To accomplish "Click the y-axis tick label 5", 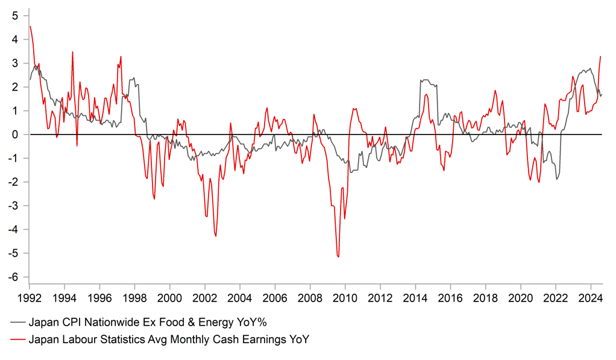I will pos(14,16).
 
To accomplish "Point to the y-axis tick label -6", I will pos(13,277).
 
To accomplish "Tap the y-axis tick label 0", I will pos(14,134).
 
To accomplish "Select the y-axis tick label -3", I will pos(13,206).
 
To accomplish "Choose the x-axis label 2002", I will pos(204,297).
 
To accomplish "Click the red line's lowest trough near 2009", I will pos(338,257).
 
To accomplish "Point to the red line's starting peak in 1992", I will pos(30,26).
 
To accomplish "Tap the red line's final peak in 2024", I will pos(601,57).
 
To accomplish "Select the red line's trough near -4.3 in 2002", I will pos(216,236).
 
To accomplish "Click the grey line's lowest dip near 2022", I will pos(557,179).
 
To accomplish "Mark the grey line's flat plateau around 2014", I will pos(426,80).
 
